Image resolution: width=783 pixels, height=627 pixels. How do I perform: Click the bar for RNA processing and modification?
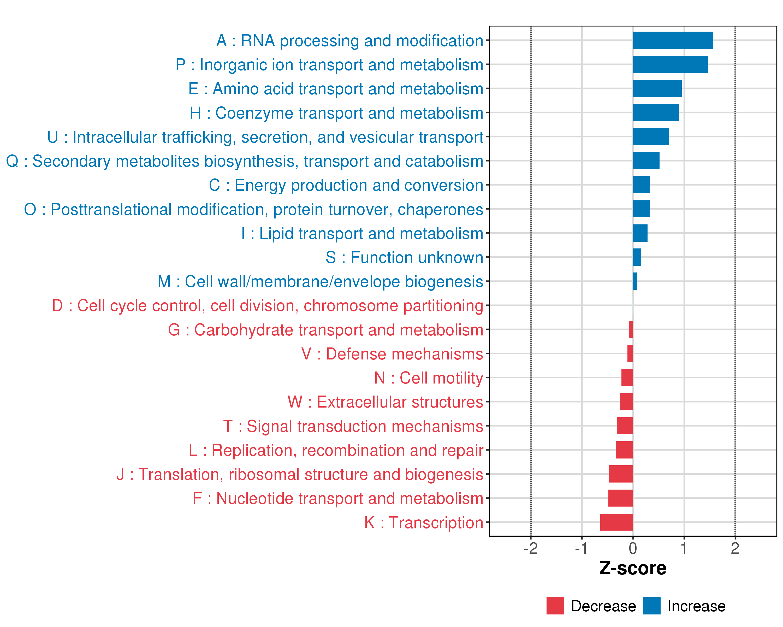[673, 40]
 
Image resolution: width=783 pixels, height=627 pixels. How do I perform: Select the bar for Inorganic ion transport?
[670, 64]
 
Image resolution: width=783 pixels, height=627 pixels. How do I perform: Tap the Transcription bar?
[617, 522]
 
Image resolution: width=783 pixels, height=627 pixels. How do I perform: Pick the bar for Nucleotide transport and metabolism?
[621, 498]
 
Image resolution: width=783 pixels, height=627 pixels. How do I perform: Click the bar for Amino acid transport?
[657, 88]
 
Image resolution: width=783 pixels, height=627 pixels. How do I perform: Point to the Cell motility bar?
[627, 378]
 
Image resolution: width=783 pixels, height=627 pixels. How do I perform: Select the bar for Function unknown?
[637, 257]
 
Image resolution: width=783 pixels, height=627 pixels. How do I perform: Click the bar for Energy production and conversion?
[641, 185]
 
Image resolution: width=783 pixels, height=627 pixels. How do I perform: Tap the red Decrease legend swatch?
[555, 606]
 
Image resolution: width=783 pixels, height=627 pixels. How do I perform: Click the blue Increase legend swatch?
[651, 606]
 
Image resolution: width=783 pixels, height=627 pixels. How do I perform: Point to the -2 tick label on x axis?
[531, 548]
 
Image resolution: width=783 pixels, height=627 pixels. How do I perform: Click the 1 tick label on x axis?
[684, 548]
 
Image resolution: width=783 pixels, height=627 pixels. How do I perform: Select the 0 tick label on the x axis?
[633, 548]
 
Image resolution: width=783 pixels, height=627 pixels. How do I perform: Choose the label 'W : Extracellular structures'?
[385, 402]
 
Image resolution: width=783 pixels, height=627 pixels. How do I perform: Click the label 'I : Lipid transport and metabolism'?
[362, 233]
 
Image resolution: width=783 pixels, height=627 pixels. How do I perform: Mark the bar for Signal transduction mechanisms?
[625, 426]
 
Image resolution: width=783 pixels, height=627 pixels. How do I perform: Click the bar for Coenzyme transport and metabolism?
[656, 113]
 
